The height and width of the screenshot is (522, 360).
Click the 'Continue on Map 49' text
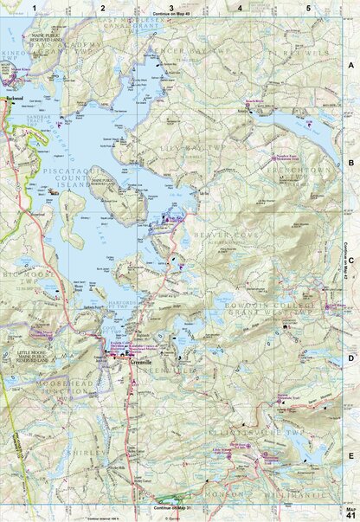click(171, 16)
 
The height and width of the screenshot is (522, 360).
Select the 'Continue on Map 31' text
click(171, 506)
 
